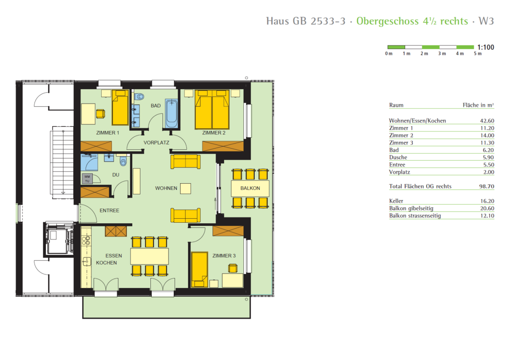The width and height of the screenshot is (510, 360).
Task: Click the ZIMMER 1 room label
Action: tap(108, 133)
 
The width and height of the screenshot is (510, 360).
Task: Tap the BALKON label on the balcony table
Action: tap(250, 188)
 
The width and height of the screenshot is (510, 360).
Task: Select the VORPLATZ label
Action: tap(157, 143)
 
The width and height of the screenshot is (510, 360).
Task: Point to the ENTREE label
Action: tap(109, 211)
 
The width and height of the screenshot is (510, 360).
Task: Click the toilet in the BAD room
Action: tap(139, 96)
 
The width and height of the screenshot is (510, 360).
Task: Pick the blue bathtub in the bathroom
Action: tap(172, 113)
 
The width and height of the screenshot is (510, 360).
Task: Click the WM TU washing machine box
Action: tap(87, 179)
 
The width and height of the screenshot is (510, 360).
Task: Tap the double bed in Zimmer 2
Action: tap(212, 110)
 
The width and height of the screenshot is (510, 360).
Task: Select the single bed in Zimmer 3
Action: tap(199, 270)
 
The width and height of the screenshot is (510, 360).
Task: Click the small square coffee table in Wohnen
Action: tap(185, 189)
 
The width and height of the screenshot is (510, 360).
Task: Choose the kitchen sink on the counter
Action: tap(86, 261)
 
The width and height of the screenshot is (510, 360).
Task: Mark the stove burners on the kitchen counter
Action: tap(86, 241)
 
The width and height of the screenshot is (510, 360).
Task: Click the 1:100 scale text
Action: tap(486, 47)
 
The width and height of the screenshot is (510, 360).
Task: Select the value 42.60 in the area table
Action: tap(487, 121)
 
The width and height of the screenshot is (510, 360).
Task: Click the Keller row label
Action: tap(396, 201)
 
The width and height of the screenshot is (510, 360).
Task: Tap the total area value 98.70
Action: tap(487, 186)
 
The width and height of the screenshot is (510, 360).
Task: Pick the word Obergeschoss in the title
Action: tap(388, 21)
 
